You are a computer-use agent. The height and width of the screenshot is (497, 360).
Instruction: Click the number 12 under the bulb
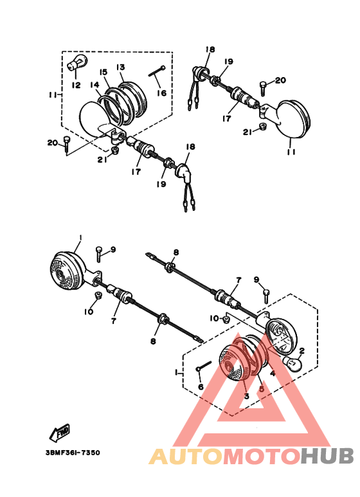[x=76, y=85]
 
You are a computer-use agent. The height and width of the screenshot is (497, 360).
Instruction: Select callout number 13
[x=120, y=68]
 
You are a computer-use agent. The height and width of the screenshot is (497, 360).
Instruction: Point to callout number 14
[x=94, y=85]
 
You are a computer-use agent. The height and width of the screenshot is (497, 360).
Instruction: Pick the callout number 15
[x=104, y=72]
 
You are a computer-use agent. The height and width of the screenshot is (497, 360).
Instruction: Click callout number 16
[x=161, y=93]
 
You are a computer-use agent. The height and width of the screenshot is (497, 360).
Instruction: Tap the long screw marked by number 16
[x=157, y=71]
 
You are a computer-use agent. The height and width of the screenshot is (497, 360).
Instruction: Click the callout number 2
[x=301, y=350]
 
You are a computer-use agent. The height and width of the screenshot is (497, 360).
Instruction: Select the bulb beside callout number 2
[x=292, y=363]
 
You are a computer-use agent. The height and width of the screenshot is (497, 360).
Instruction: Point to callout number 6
[x=201, y=386]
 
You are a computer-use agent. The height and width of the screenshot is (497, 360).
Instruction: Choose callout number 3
[x=247, y=396]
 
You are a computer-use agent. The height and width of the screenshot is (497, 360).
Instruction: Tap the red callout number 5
[x=262, y=388]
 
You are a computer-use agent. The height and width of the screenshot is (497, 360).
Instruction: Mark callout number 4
[x=272, y=374]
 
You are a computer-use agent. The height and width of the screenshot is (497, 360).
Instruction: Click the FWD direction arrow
[x=60, y=433]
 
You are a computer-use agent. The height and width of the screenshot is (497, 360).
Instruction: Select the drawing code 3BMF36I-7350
[x=73, y=453]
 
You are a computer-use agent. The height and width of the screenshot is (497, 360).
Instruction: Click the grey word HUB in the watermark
[x=327, y=456]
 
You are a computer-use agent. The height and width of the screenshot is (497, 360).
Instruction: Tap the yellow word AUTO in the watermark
[x=186, y=456]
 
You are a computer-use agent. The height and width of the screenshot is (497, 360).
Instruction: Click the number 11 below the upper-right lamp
[x=291, y=152]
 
